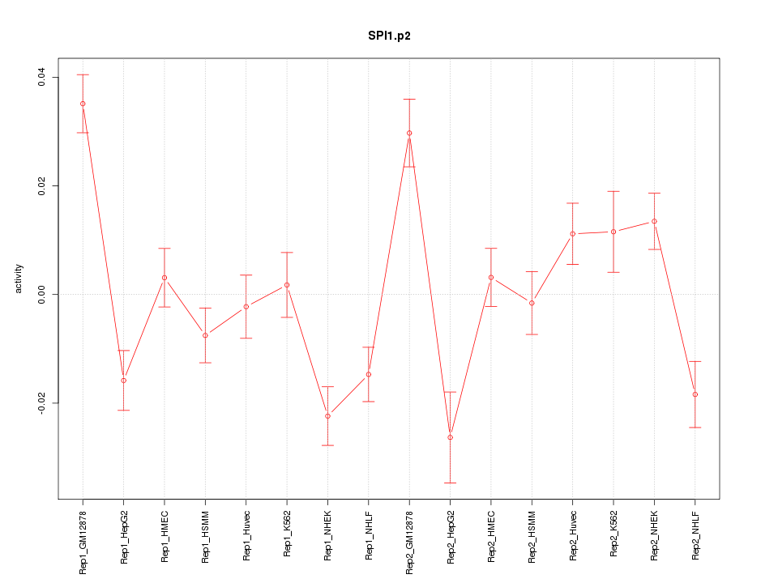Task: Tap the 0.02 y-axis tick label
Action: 41,186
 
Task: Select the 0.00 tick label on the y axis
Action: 41,294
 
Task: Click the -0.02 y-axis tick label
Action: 41,402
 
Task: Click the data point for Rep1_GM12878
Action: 83,104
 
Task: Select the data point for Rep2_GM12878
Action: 409,133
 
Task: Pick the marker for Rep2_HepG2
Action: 450,437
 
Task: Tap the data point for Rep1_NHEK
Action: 327,416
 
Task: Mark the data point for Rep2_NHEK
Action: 654,221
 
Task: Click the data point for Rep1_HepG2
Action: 123,381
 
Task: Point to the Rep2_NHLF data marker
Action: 695,394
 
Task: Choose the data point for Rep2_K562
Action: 613,232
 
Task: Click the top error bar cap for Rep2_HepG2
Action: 450,392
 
